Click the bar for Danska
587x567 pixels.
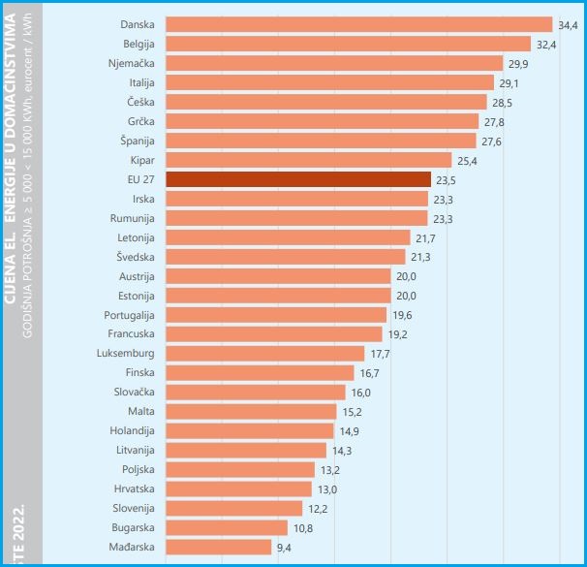[x=358, y=24]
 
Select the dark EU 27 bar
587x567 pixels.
[x=298, y=179]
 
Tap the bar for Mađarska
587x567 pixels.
[x=219, y=547]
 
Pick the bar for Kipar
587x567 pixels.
[x=309, y=160]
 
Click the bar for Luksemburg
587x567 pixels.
[x=265, y=354]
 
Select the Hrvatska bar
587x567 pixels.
[x=239, y=489]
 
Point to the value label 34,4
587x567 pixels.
[x=568, y=25]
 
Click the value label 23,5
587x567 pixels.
[x=447, y=180]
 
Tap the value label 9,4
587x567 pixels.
[x=285, y=548]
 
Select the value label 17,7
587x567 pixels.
[x=381, y=355]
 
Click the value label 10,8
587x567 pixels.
[x=303, y=528]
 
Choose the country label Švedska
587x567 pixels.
[x=136, y=257]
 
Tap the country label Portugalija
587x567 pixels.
[x=129, y=315]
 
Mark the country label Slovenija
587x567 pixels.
[x=133, y=508]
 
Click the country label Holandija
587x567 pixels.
[x=132, y=430]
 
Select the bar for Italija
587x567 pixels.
[x=330, y=82]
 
